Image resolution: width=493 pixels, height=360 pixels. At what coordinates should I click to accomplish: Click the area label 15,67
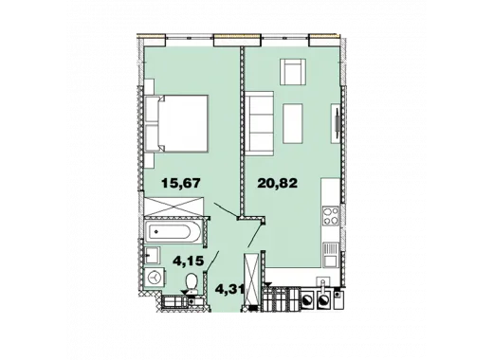pos(181,183)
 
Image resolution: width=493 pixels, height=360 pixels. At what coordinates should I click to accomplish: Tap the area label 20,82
pos(278,183)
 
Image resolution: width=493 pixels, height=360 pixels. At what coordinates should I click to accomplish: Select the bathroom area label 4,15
pos(188,261)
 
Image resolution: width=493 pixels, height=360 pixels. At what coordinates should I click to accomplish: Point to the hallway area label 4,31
pos(229,289)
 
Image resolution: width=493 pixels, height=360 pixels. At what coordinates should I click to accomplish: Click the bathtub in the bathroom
pos(173,232)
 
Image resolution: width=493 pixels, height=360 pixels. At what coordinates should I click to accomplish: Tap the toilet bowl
pos(192,282)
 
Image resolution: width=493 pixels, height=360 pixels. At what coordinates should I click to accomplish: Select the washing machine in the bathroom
pos(155,278)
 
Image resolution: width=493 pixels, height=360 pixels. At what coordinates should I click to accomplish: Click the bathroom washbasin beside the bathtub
pos(152,255)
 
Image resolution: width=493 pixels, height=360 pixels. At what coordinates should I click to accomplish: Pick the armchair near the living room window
pos(293,72)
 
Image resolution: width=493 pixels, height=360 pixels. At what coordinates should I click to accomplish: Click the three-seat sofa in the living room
pos(259,124)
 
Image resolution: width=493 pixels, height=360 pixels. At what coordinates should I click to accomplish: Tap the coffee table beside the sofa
pos(293,123)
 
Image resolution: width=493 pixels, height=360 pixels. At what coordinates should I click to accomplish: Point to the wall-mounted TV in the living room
pos(337,124)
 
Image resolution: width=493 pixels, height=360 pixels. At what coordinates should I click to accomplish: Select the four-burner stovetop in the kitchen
pos(331,215)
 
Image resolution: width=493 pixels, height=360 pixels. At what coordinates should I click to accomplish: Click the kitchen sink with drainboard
pos(331,255)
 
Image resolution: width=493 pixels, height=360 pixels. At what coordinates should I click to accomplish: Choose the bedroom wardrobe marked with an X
pos(174,207)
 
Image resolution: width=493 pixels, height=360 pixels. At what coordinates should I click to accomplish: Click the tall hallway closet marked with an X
pos(252,279)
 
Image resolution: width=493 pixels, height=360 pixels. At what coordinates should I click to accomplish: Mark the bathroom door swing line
pos(212,261)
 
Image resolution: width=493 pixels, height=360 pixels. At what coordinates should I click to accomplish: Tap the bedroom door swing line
pos(226,210)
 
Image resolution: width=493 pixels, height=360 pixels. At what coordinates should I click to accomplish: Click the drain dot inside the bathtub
pos(156,232)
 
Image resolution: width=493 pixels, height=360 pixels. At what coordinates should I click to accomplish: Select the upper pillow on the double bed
pos(153,109)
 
